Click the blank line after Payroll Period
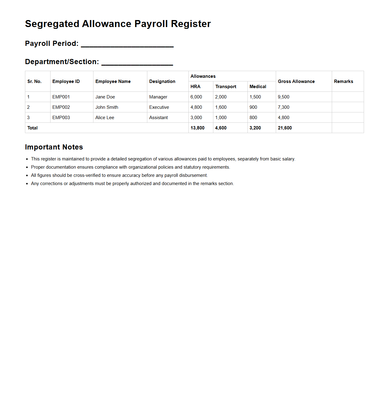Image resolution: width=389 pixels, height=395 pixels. click(x=127, y=46)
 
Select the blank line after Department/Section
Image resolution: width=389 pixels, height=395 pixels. click(x=137, y=64)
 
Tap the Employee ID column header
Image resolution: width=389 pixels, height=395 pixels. click(x=66, y=81)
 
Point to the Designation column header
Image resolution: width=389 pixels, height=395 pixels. click(x=162, y=81)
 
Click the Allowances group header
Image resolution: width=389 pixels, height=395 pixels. click(x=203, y=76)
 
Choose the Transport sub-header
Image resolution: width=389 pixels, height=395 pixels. click(x=226, y=87)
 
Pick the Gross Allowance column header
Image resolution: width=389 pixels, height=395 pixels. click(x=296, y=81)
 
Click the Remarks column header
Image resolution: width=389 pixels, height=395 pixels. click(x=343, y=81)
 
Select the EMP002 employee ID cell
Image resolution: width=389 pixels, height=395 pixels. click(x=61, y=107)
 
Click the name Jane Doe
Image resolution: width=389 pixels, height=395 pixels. click(x=105, y=97)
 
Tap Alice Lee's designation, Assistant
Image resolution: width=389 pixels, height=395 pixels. click(x=159, y=118)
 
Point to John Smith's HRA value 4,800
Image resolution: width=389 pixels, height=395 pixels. click(x=196, y=107)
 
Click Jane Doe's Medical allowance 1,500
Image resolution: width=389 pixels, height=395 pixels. click(x=255, y=97)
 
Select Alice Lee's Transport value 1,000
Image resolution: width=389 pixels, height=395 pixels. click(x=221, y=118)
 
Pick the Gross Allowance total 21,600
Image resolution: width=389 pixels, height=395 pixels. click(x=285, y=128)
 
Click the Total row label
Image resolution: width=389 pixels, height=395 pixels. click(x=33, y=128)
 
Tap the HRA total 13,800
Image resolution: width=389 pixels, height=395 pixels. click(x=198, y=128)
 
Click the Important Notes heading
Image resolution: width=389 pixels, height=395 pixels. click(x=54, y=147)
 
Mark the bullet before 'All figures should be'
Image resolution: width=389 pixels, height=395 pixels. click(x=27, y=176)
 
